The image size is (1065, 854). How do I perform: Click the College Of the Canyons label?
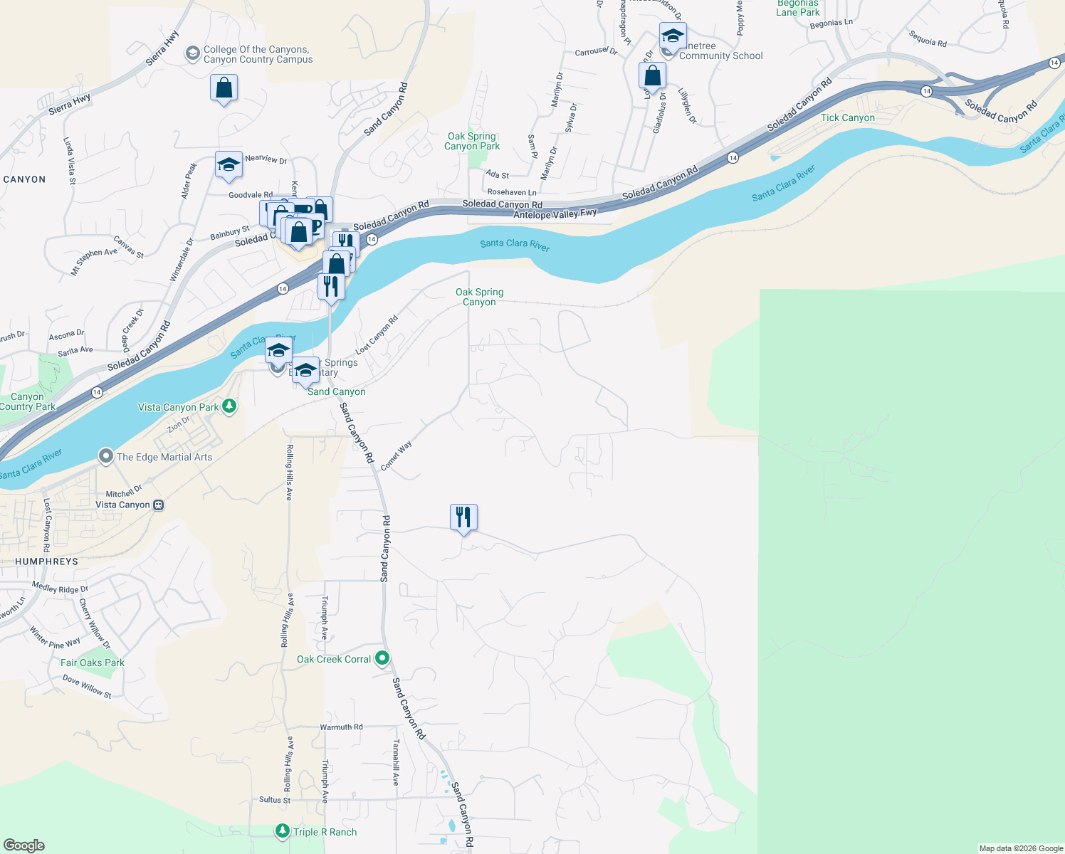coord(257,55)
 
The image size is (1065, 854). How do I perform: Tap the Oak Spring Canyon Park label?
coord(472,141)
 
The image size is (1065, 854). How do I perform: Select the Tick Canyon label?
coord(847,117)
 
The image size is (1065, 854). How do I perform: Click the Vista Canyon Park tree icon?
coord(229,406)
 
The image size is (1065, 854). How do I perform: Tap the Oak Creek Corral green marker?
coord(382,658)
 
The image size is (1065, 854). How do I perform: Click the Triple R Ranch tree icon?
coord(282,831)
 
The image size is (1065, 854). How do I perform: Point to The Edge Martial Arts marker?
coord(106,456)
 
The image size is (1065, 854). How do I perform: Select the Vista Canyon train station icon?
coord(158,505)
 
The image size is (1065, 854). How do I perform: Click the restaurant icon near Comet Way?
coord(463,517)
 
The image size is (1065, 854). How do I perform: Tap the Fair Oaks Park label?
coord(92,663)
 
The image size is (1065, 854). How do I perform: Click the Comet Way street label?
coord(397,456)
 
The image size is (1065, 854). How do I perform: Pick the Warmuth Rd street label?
coord(341,727)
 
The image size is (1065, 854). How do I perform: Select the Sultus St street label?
coord(275,800)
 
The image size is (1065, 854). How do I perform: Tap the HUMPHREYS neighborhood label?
coord(47,562)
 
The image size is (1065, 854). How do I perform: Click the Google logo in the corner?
coord(23,845)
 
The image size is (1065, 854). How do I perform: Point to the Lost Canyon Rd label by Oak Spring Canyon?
coord(377,335)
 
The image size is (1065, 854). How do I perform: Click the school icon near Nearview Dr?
coord(229,164)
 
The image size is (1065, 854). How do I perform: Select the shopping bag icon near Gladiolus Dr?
coord(652,75)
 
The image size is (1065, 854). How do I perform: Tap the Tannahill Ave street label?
coord(396,761)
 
